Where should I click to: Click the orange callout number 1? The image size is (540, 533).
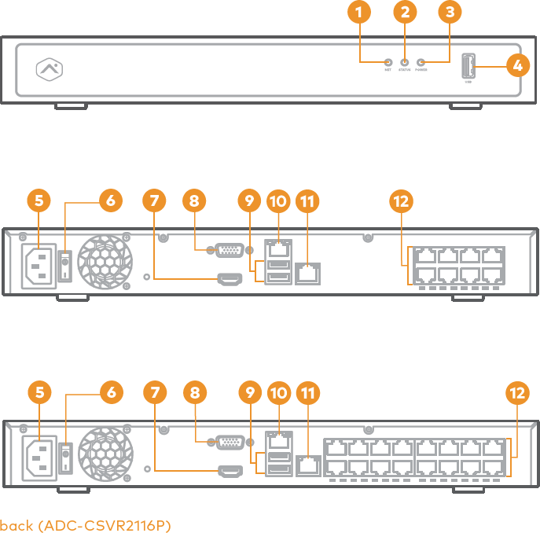[358, 12]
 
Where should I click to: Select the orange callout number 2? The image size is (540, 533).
[404, 12]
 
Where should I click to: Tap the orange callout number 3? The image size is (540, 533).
[450, 12]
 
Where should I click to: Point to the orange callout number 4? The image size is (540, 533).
[516, 66]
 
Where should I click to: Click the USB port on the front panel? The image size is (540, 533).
[468, 66]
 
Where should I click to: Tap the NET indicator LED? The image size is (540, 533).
[388, 61]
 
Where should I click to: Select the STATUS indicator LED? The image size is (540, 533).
[404, 61]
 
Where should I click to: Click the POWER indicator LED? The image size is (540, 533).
[421, 61]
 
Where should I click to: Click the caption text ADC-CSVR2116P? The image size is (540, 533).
[85, 524]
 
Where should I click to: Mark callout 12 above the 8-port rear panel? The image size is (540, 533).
[401, 201]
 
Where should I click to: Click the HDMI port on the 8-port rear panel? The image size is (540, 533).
[230, 278]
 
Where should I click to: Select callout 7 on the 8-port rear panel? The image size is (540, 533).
[155, 201]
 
